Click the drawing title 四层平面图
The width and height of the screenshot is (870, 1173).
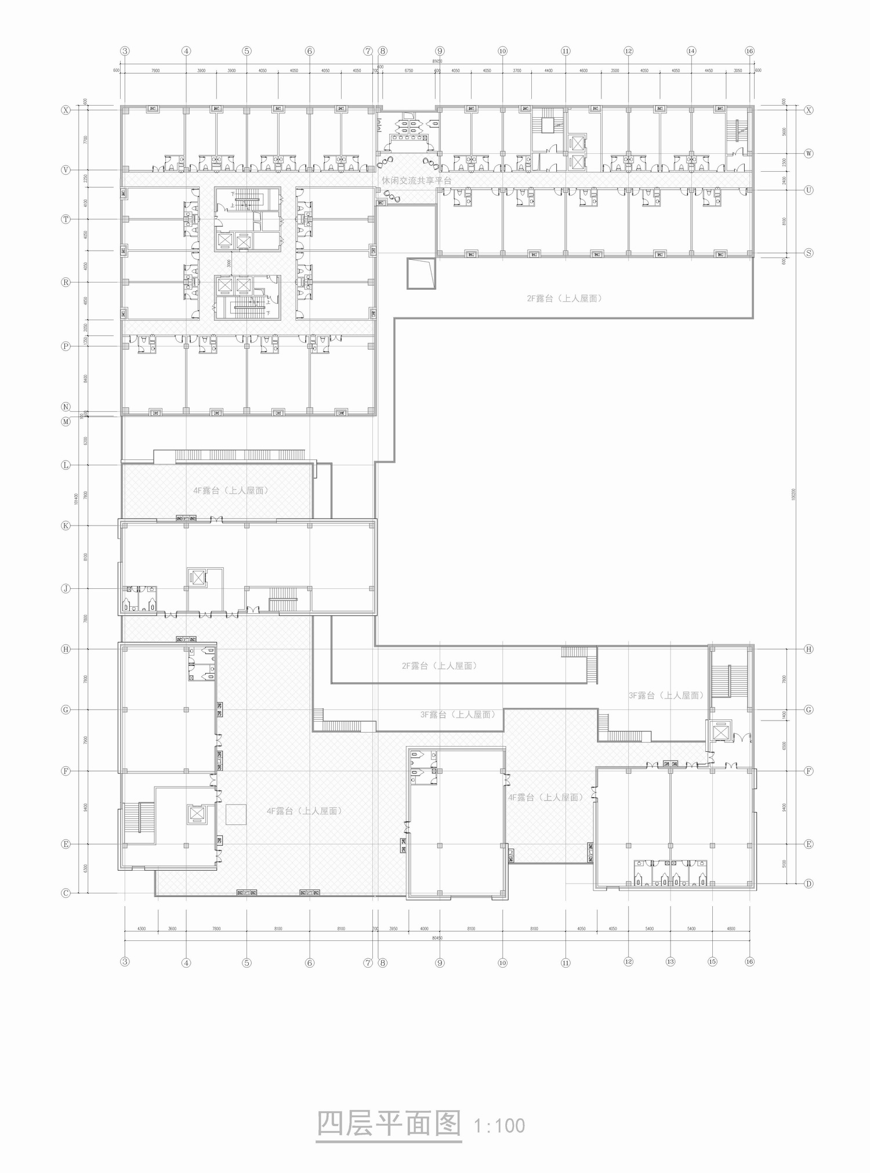[x=389, y=1124]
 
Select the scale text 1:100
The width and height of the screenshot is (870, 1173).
[x=499, y=1126]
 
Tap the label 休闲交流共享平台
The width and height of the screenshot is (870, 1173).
[x=416, y=180]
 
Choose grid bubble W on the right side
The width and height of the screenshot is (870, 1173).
[x=809, y=154]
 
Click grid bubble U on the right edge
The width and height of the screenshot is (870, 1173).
[x=809, y=190]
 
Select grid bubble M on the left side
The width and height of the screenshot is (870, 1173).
[x=66, y=421]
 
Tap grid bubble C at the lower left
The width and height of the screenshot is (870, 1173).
[x=66, y=893]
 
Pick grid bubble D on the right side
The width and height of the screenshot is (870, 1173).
[x=809, y=884]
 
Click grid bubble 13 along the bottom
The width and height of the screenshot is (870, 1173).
[x=670, y=962]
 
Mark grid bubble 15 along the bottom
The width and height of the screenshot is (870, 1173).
[x=712, y=962]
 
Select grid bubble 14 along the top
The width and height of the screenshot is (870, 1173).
[x=691, y=51]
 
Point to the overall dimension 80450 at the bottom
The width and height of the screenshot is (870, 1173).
[x=437, y=938]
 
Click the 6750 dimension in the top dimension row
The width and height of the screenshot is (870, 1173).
[x=409, y=71]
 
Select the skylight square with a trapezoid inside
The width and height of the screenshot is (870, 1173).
[x=421, y=273]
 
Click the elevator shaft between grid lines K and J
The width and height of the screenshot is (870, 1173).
[x=198, y=578]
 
